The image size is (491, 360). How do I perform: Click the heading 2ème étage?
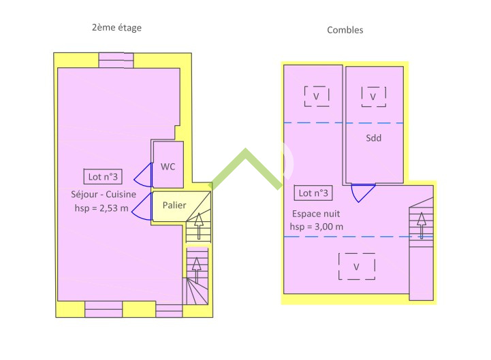tap(117, 28)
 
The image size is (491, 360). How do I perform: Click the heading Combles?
tap(345, 30)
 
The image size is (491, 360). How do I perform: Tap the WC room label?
tap(168, 167)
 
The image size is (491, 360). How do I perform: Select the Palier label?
tap(174, 205)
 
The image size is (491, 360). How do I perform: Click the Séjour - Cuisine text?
tap(104, 195)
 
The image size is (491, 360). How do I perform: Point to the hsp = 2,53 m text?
tap(101, 208)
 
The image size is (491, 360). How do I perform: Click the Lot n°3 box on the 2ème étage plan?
tap(103, 176)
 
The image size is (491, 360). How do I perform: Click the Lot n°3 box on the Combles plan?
tap(313, 193)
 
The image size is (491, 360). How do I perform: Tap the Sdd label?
tap(374, 138)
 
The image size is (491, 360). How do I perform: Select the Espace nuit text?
tap(316, 214)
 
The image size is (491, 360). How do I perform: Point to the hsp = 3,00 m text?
tap(317, 227)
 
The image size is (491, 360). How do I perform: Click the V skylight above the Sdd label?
tap(374, 97)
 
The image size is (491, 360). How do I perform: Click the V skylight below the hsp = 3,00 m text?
tap(357, 266)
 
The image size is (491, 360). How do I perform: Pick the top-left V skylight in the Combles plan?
tap(317, 96)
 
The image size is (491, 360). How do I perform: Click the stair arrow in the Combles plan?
tap(422, 225)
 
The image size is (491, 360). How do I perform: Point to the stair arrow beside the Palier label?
tap(199, 226)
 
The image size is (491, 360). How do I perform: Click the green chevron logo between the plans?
tap(247, 168)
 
